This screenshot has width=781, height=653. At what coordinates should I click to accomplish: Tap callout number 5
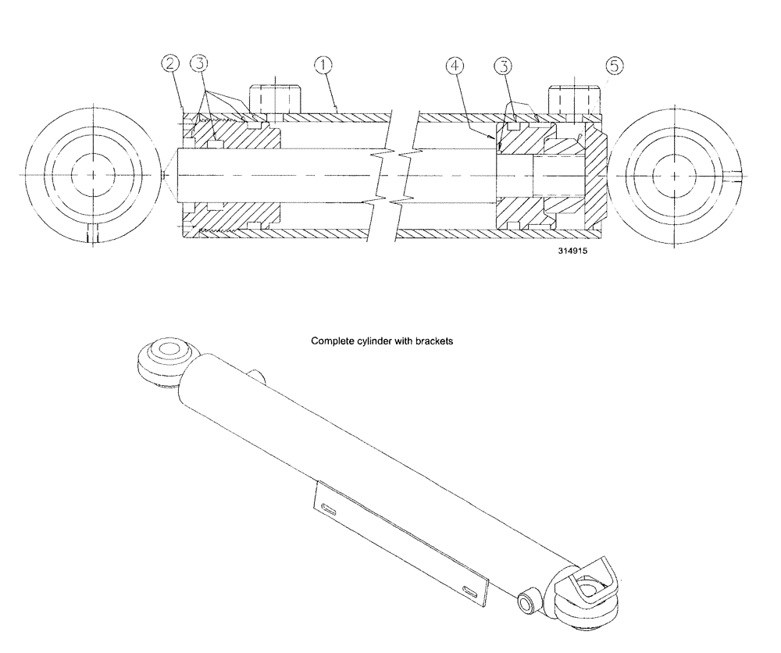[x=615, y=66]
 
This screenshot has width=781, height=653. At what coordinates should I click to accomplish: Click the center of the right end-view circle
[x=672, y=175]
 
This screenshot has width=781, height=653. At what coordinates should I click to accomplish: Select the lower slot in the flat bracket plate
[x=469, y=590]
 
